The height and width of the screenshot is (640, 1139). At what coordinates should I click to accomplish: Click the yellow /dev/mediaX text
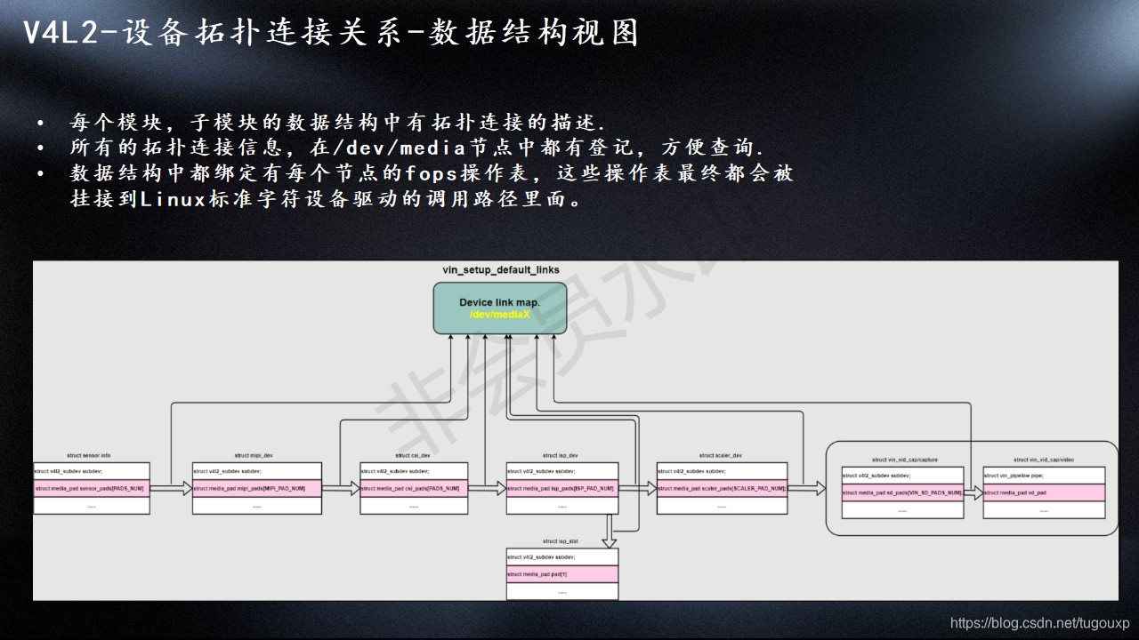(500, 315)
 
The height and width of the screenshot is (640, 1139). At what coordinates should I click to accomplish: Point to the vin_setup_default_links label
(501, 269)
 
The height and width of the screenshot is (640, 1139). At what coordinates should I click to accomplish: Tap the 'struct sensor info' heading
(89, 455)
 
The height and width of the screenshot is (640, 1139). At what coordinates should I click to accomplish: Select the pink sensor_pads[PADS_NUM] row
(92, 488)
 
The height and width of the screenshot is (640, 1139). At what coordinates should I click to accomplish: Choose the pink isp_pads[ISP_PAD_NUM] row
(562, 488)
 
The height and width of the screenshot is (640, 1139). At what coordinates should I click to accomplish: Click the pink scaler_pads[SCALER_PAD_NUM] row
(722, 488)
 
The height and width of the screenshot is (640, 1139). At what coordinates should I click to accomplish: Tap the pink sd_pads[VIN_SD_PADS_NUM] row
(902, 492)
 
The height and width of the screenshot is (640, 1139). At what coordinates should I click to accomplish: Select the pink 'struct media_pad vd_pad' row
(1044, 492)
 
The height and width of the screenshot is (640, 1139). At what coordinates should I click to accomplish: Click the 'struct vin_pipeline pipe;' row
(1044, 476)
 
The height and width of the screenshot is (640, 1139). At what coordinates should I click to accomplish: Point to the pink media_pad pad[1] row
(562, 574)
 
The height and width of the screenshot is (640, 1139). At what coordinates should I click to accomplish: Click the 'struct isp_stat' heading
(561, 540)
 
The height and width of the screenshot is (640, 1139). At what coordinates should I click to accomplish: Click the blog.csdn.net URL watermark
(1039, 623)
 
